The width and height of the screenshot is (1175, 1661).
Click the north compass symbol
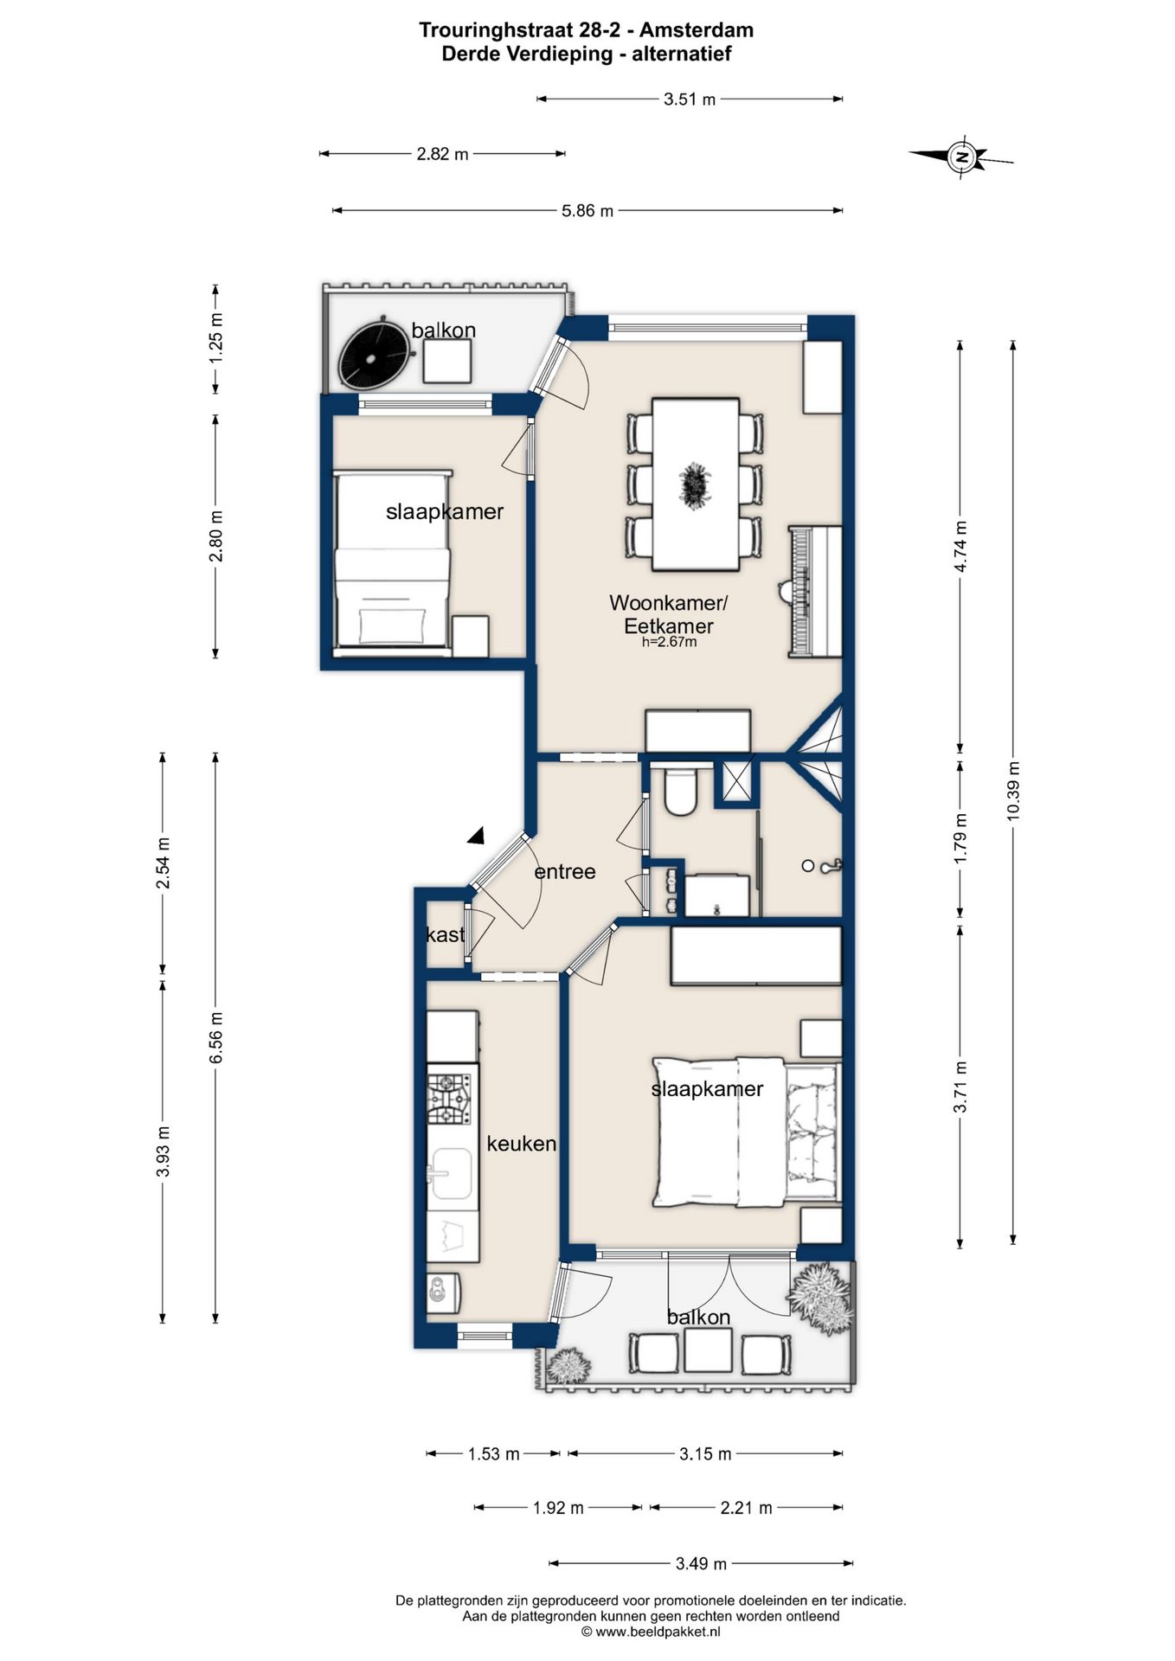pos(960,157)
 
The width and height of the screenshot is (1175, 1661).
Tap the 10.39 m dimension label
pos(1013,791)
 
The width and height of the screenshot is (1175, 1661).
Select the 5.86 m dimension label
pos(587,210)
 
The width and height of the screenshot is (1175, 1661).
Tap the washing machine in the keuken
pos(443,1293)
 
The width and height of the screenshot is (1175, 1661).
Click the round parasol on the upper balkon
pos(374,355)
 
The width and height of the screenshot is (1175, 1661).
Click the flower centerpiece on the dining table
pos(694,484)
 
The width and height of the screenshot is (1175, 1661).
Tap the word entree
pos(565,871)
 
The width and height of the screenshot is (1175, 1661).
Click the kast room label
pos(446,934)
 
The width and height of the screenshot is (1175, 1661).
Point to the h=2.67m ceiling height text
pos(669,642)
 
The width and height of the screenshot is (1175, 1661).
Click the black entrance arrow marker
pos(476,835)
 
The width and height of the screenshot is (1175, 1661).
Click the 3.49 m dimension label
pos(701,1563)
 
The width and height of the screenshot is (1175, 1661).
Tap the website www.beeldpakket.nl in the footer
pos(658,1632)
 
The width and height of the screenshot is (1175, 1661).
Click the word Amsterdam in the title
pos(697,30)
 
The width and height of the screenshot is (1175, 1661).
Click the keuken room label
pos(522,1144)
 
